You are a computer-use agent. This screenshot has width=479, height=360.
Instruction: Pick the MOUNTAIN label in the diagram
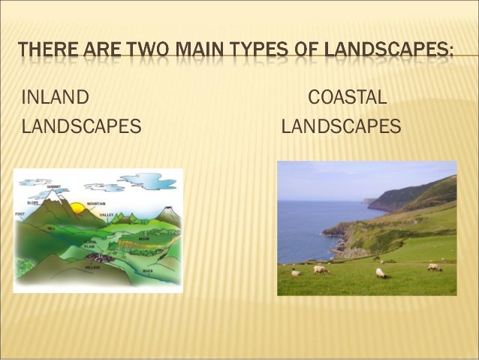click(95, 204)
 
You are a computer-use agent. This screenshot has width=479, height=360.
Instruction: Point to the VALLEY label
click(106, 215)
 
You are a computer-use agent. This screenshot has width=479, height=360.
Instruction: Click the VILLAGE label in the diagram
click(94, 267)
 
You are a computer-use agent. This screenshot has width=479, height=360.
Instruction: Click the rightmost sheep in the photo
click(434, 267)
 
